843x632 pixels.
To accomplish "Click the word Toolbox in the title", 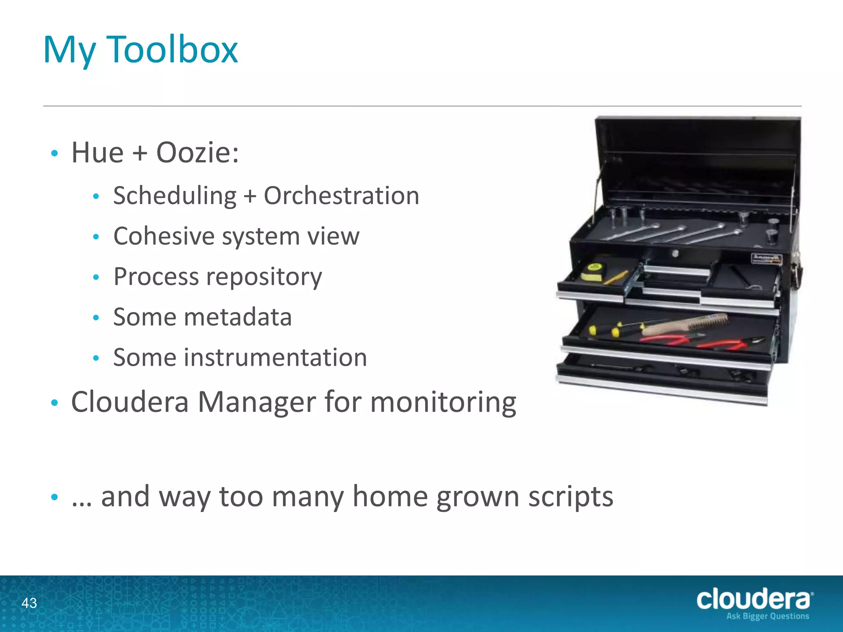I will [x=172, y=50].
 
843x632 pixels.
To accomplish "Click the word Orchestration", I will [x=341, y=195].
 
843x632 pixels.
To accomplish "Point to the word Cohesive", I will [x=164, y=236].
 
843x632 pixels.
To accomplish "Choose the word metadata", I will [x=238, y=317].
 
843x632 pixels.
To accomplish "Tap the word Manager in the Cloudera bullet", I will [x=256, y=402].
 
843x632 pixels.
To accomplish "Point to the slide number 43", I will [x=29, y=603].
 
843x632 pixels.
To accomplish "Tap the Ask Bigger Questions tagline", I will [x=767, y=616].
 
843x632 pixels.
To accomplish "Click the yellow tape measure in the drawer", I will [x=593, y=273].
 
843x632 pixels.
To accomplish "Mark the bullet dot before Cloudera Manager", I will [x=54, y=403].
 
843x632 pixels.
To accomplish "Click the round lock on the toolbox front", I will [x=675, y=253].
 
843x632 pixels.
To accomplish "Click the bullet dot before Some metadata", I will [x=96, y=318].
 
